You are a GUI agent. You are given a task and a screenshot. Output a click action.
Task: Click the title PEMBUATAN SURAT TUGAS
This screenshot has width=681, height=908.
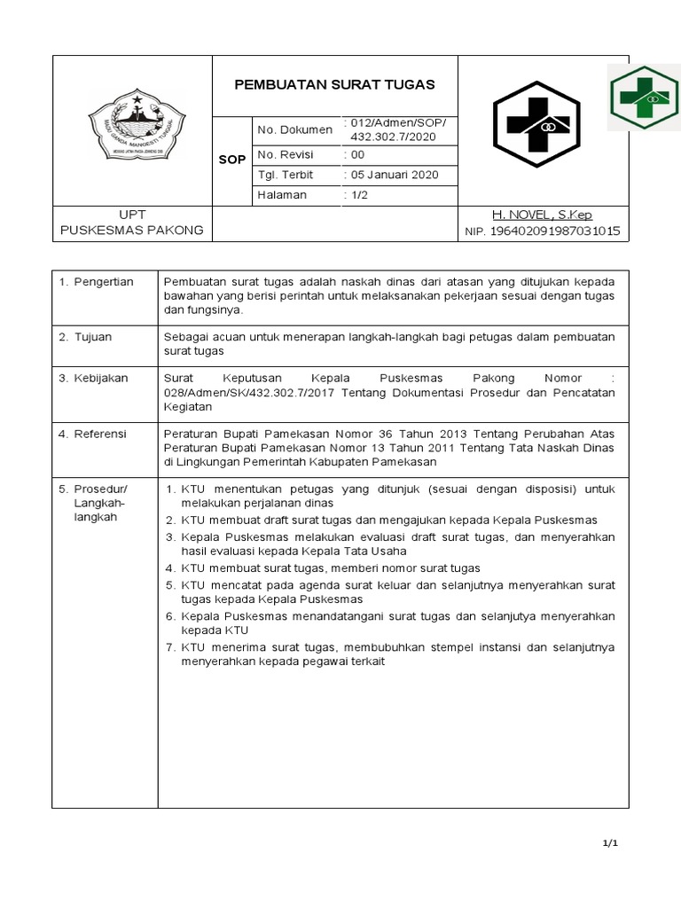[x=334, y=85]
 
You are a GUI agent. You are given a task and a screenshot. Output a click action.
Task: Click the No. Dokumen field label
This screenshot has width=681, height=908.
[x=294, y=129]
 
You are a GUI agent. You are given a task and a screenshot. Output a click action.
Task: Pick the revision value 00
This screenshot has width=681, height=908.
[x=357, y=153]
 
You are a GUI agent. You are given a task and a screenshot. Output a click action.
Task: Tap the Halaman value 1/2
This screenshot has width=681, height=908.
[x=359, y=194]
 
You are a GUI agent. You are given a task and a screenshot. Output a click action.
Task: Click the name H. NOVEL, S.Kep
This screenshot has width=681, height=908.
[x=542, y=215]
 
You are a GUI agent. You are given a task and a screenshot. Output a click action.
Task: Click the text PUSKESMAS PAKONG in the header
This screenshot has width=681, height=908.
[x=131, y=231]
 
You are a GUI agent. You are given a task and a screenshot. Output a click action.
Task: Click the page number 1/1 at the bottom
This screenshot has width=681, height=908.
[x=608, y=843]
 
